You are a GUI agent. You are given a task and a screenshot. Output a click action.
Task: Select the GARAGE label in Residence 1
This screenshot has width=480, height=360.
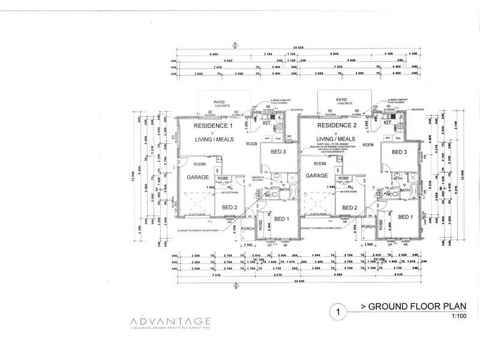[197, 178]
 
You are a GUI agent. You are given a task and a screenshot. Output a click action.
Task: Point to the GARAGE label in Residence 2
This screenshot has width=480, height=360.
[316, 176]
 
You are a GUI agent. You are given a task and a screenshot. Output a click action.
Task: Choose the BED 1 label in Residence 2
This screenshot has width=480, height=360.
[406, 217]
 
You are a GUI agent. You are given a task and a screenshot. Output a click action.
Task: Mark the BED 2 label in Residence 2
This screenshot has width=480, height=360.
[350, 208]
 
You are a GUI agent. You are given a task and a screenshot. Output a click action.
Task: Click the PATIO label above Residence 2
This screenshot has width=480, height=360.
[342, 100]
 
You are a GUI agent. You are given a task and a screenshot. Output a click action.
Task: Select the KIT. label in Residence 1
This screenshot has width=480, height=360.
[268, 123]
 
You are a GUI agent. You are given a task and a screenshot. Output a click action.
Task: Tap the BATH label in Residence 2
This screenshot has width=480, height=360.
[405, 190]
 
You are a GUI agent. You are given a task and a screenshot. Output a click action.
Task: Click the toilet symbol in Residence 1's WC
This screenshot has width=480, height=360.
[268, 195]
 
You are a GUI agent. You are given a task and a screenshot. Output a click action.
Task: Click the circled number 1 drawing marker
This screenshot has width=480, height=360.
[339, 311]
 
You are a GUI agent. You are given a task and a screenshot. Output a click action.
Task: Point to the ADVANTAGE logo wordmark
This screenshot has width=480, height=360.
[170, 321]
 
